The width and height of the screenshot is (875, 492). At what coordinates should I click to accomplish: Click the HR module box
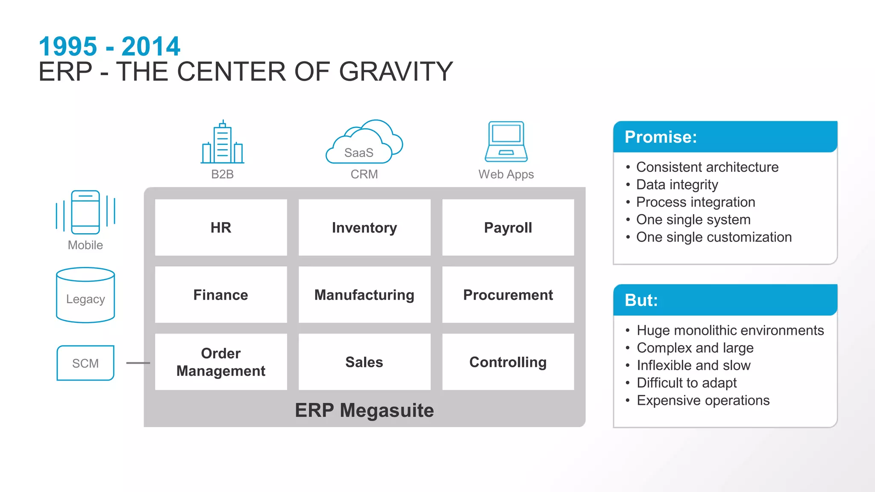221,228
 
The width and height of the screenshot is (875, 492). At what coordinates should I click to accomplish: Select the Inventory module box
364,228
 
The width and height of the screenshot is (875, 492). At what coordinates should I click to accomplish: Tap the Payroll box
508,228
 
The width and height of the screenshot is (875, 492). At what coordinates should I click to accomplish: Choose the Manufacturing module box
364,295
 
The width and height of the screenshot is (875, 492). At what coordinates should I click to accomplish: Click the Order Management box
221,362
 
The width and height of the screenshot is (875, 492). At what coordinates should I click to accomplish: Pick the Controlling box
508,362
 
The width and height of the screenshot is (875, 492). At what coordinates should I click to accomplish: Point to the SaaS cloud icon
364,143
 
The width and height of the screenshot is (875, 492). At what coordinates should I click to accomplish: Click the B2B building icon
223,143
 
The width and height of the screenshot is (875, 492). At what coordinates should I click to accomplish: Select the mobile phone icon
85,212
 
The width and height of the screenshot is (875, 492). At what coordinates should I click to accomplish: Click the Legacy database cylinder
85,295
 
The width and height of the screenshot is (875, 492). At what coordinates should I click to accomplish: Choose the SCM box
85,363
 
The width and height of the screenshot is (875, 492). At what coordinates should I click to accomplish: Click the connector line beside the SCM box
138,363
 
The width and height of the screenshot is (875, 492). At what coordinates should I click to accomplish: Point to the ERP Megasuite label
364,410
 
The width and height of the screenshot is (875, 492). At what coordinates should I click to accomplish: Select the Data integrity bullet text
677,184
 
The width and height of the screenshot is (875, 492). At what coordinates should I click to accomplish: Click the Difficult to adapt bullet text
687,383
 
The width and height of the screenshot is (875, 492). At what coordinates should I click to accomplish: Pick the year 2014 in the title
151,46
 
